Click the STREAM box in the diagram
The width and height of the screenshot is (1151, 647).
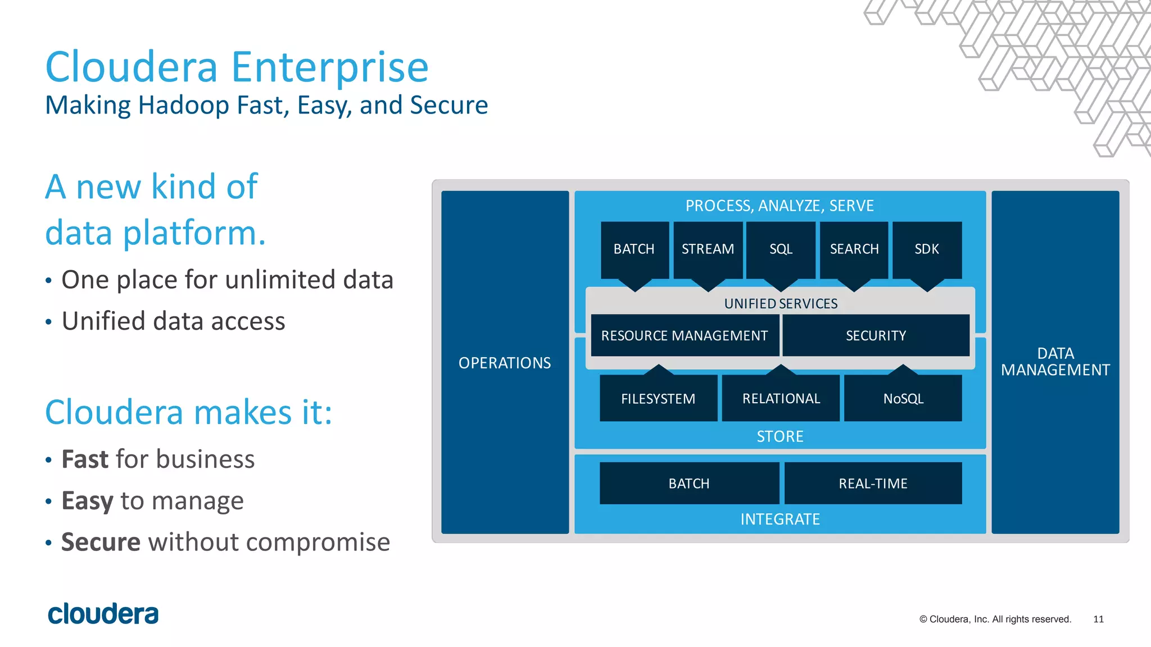708,249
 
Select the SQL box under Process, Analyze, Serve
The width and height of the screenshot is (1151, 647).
781,249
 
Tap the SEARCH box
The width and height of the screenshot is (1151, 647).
854,249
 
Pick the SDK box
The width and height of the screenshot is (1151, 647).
927,249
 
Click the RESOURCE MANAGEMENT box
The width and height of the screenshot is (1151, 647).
685,335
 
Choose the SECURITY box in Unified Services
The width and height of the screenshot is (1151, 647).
876,335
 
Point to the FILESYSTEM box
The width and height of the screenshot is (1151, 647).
658,399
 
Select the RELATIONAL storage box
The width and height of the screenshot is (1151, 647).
781,399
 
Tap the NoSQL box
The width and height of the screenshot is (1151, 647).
903,399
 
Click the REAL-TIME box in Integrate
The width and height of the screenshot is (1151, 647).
873,484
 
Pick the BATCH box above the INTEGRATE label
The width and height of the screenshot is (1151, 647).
689,484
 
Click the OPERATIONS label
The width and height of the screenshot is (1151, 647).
505,363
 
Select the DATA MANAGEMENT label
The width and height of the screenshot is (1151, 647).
1055,362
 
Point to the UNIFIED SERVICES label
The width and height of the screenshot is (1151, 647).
781,304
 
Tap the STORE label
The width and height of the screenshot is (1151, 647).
780,436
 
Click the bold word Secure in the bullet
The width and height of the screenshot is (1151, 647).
101,543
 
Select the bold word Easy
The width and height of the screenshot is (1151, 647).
87,501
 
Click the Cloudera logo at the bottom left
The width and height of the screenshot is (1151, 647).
103,614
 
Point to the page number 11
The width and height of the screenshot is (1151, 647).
1098,619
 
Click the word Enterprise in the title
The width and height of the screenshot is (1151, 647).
330,67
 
